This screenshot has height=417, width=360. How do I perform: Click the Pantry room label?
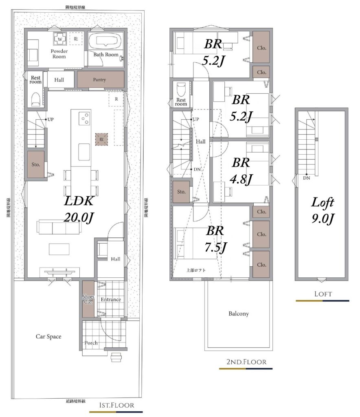(99, 79)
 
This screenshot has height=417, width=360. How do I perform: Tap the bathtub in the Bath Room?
(106, 41)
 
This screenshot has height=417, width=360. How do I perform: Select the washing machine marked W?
(60, 39)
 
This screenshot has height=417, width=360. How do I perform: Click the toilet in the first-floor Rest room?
(35, 99)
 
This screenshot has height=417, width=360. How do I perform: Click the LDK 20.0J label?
(79, 209)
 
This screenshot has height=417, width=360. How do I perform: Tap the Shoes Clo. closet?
(88, 299)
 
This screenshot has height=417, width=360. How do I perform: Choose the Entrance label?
(111, 299)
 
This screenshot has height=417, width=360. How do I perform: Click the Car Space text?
(48, 336)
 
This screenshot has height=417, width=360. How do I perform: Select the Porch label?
(91, 343)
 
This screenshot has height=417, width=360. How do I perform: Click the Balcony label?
(239, 314)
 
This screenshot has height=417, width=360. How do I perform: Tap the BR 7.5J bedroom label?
(215, 239)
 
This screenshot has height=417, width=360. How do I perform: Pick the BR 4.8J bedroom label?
(241, 171)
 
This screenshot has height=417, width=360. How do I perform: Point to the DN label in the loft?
(306, 178)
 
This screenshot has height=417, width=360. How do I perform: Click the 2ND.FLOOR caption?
(246, 362)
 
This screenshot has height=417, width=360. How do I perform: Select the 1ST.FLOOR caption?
(116, 405)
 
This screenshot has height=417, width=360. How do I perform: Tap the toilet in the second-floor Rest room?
(181, 90)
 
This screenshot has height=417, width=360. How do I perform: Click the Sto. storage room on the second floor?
(181, 191)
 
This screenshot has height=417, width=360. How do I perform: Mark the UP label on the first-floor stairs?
(50, 119)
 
